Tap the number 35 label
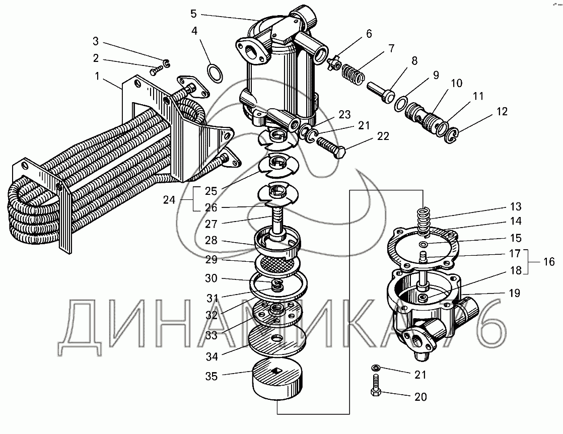click(x=212, y=376)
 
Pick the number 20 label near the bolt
click(x=420, y=397)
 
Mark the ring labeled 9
click(x=400, y=104)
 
